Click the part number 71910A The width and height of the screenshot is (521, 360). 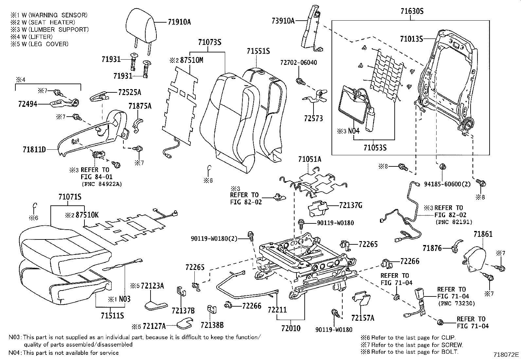tap(179, 22)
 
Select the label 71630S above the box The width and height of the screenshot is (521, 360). tap(412, 11)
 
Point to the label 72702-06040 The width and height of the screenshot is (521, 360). tap(298, 63)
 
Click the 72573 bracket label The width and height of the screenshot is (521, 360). tap(313, 118)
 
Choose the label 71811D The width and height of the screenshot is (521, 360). tap(34, 150)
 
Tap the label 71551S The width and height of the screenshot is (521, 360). tap(258, 51)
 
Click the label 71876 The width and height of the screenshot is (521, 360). tap(432, 248)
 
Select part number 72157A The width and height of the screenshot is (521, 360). tap(362, 318)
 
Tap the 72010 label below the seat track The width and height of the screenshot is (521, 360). tap(291, 328)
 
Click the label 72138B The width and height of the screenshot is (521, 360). tap(212, 325)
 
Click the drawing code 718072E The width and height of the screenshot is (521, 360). tap(506, 354)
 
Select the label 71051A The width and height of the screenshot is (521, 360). tap(310, 159)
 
